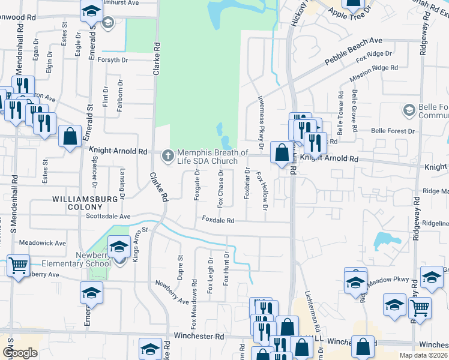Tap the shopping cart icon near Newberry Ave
click(19, 265)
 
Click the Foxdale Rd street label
click(217, 220)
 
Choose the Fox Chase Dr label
click(221, 189)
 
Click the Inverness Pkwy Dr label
click(261, 121)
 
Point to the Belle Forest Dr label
click(393, 130)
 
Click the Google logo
click(20, 353)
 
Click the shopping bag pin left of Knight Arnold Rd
click(70, 136)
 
